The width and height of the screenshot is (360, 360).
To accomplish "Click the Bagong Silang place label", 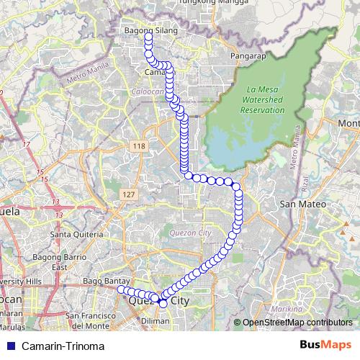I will point(150,32).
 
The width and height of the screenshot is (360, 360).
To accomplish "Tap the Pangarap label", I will point(244,55).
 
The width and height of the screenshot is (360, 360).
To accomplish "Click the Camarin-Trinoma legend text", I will point(63,346).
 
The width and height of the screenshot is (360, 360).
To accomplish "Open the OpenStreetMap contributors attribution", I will point(295,323).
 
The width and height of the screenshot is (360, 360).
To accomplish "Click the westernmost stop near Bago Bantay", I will point(122,289).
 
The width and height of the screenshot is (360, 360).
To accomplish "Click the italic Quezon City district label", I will point(189,233).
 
